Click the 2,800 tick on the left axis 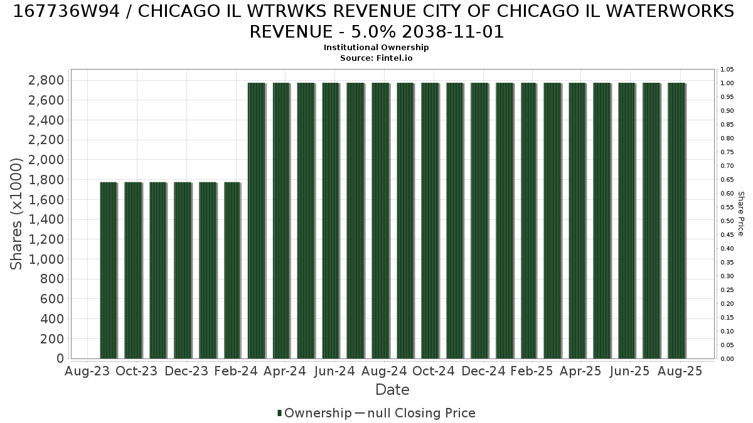(46, 81)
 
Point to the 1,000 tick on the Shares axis (46, 259)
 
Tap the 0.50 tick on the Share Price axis (727, 221)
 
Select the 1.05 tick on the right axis (727, 70)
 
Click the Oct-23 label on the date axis (137, 371)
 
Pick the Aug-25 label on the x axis (680, 371)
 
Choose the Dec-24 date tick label (483, 371)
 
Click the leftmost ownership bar (109, 271)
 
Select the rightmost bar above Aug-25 (676, 221)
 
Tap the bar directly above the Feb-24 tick (232, 271)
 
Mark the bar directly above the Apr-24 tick (281, 221)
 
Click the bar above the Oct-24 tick (430, 221)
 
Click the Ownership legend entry (314, 413)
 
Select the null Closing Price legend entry (415, 413)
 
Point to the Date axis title (392, 390)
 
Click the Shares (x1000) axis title (16, 214)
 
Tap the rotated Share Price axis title (741, 214)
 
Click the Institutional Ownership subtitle (376, 48)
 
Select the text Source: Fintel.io (376, 58)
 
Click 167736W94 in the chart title (67, 11)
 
